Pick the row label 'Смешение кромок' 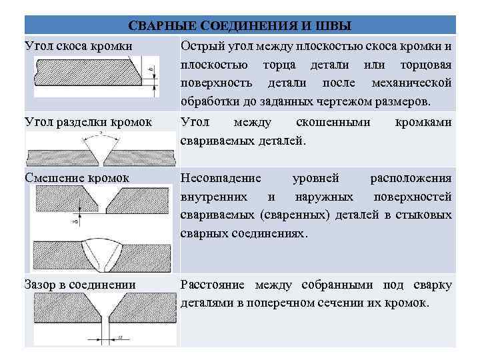point(77,178)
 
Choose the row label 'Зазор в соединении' point(80,285)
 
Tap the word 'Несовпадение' point(221,178)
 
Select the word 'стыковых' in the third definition point(427,215)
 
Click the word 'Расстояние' point(212,285)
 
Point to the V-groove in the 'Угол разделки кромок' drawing point(101,152)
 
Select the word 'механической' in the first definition point(412,83)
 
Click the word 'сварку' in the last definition point(432,285)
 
